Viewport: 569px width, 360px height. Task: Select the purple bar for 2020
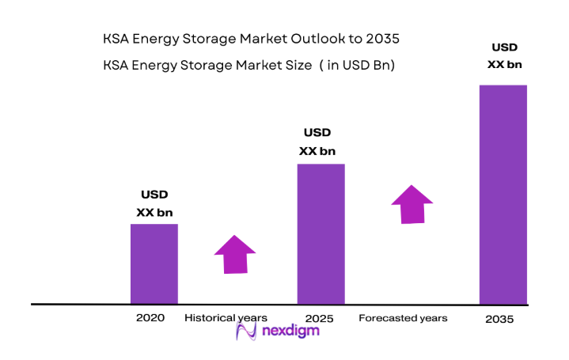(154, 263)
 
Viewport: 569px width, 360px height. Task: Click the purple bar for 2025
(321, 233)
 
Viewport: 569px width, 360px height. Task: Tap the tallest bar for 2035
(503, 194)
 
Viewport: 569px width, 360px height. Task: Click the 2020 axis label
(150, 318)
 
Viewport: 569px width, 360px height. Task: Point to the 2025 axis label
(319, 319)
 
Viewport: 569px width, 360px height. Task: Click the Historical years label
(226, 318)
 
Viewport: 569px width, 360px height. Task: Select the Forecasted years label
(403, 318)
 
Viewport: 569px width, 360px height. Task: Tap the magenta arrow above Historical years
(235, 255)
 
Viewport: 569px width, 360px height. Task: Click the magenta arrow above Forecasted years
(412, 205)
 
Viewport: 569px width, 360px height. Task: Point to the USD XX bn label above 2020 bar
(154, 203)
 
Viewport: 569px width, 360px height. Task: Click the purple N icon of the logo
(245, 332)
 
